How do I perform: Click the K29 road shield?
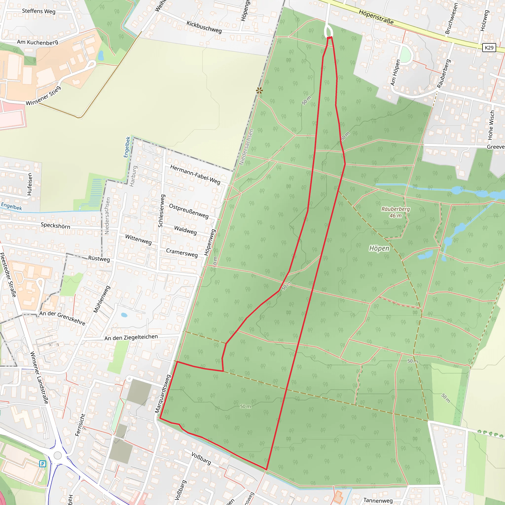click(x=489, y=48)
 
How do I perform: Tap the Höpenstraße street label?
click(x=376, y=17)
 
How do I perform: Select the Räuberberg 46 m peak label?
click(x=396, y=212)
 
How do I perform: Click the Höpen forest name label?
click(x=379, y=248)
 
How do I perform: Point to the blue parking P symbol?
click(x=43, y=464)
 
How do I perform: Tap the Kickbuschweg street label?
click(x=204, y=27)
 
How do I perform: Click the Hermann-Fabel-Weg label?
click(x=195, y=174)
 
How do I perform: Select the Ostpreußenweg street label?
click(x=189, y=211)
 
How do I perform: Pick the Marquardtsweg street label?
click(x=162, y=394)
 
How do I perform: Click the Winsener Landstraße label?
click(x=39, y=378)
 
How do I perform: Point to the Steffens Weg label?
click(x=39, y=11)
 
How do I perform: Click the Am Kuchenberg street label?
click(x=38, y=42)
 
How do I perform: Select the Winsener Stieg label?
click(x=43, y=96)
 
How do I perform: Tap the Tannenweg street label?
click(x=378, y=500)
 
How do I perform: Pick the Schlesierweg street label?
click(x=162, y=211)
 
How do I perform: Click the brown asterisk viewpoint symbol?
click(x=259, y=91)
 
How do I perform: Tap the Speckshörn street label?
click(x=55, y=225)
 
